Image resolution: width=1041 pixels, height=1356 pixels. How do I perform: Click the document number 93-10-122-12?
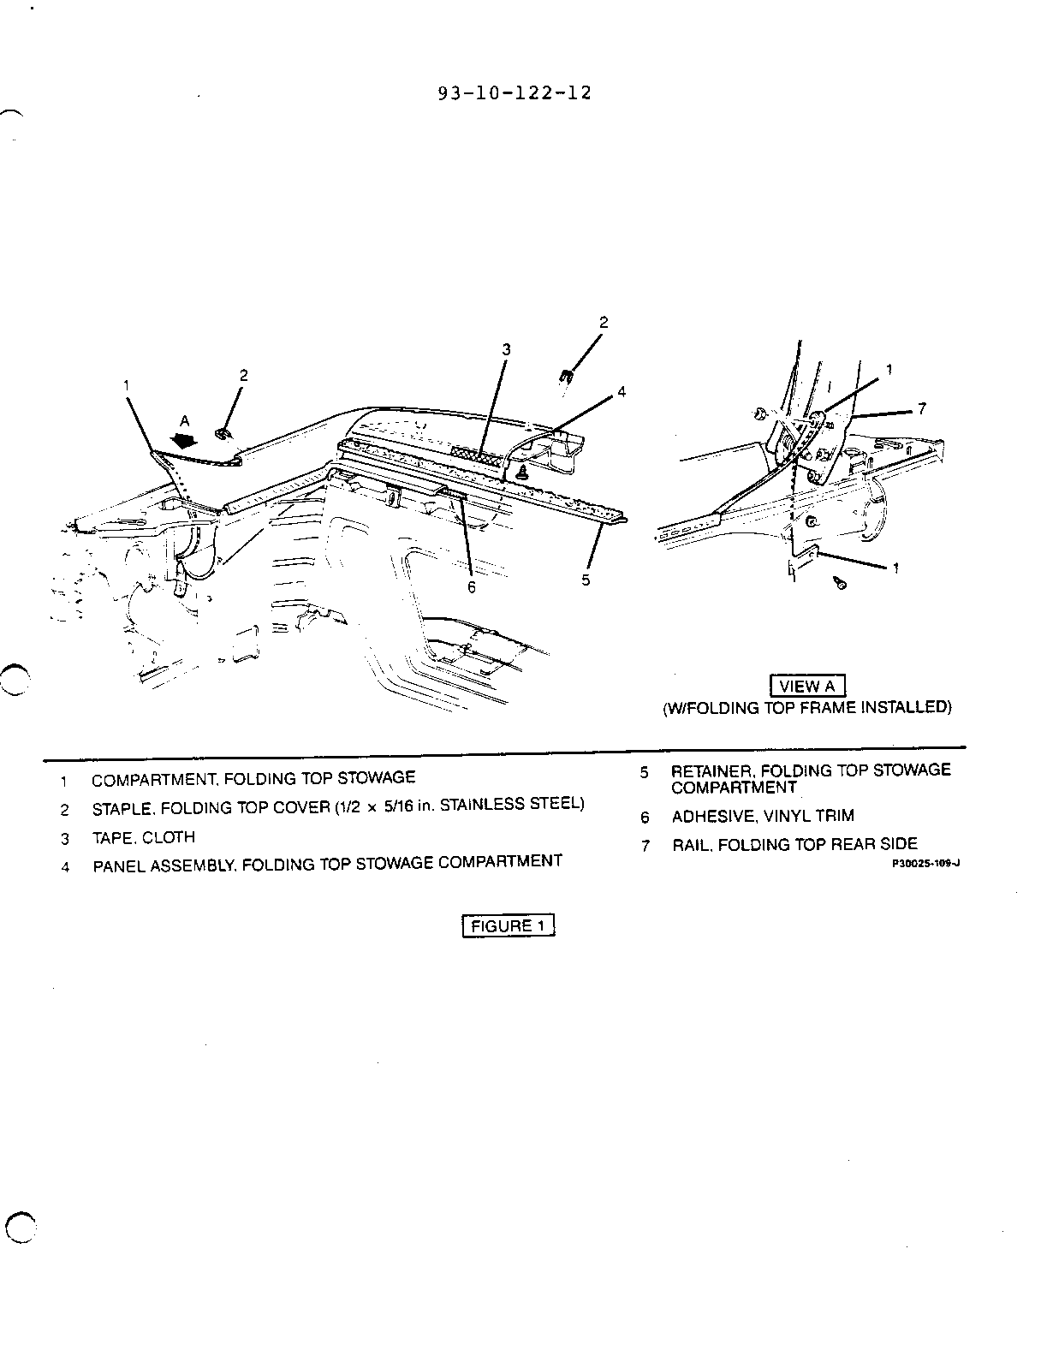click(x=514, y=93)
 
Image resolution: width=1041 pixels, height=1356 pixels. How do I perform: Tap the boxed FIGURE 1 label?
click(x=508, y=925)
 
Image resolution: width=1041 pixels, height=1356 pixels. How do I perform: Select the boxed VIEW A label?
click(x=808, y=686)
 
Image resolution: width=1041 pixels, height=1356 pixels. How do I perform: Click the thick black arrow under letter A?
click(x=184, y=441)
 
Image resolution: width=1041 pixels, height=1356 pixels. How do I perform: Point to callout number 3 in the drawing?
click(x=507, y=349)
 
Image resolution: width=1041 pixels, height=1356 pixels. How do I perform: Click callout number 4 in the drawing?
click(x=622, y=392)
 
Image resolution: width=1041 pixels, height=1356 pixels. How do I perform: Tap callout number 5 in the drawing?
click(x=586, y=580)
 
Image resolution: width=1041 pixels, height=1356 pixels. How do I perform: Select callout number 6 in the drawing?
click(x=472, y=587)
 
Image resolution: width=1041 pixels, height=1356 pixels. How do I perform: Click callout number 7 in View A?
click(x=922, y=408)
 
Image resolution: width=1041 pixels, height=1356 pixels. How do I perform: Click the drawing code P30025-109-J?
click(x=925, y=864)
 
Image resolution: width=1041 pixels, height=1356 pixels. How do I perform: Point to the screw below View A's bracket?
click(x=840, y=584)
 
